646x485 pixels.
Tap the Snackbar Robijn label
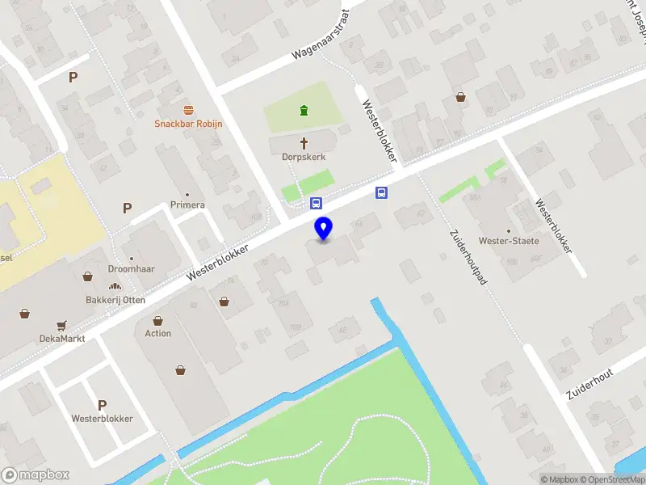tap(188, 124)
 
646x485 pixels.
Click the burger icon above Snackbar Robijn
tap(188, 109)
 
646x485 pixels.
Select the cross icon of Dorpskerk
tap(304, 144)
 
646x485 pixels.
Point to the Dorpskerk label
tap(304, 158)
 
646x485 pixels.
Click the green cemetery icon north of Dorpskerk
tap(304, 111)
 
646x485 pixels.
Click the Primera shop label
tap(187, 205)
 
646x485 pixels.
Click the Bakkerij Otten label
tap(115, 300)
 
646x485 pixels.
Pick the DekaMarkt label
tap(62, 339)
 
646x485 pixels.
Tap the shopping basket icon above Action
tap(158, 321)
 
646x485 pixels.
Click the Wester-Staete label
tap(508, 241)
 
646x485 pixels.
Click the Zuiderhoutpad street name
tap(465, 260)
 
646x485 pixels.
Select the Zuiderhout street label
tap(590, 382)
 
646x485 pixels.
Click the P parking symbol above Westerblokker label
tap(102, 405)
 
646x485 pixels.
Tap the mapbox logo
tap(36, 475)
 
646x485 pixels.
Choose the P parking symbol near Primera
tap(127, 208)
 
